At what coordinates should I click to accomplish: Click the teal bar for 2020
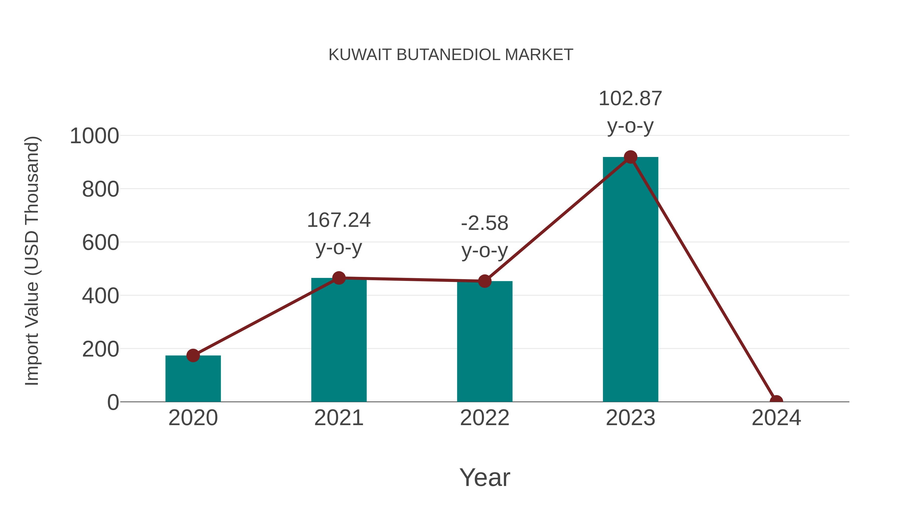193,380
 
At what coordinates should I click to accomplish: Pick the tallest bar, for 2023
630,280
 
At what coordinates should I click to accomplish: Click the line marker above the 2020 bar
193,356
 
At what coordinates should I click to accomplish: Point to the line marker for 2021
339,278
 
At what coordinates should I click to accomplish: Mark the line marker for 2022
485,281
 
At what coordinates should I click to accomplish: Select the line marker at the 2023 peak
630,157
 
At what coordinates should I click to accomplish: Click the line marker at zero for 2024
776,401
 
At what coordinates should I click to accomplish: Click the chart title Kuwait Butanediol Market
451,55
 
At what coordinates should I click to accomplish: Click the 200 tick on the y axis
100,349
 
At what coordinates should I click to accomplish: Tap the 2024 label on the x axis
776,418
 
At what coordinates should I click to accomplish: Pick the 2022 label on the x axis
485,418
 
